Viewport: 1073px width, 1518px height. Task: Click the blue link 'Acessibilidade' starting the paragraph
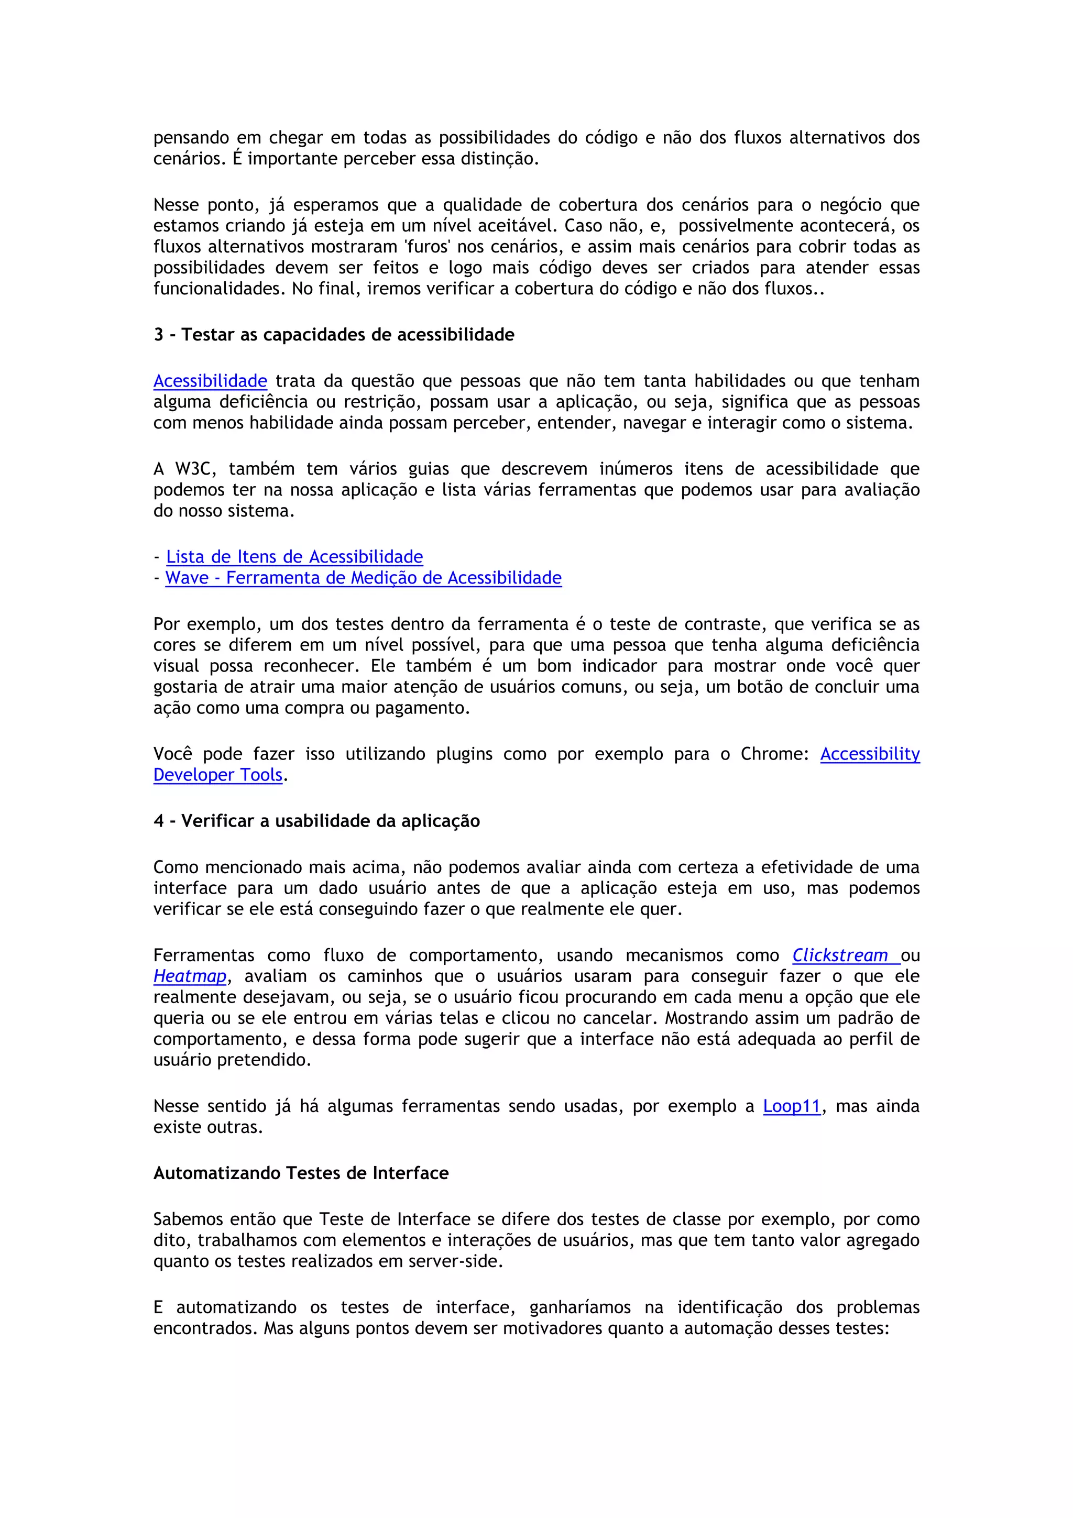click(x=210, y=381)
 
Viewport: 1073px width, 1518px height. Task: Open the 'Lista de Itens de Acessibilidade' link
click(x=294, y=557)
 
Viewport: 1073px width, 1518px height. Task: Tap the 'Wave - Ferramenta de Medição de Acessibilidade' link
click(x=363, y=578)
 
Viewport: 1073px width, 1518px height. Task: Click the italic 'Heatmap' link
click(x=190, y=976)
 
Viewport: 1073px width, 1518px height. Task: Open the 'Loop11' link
click(x=791, y=1107)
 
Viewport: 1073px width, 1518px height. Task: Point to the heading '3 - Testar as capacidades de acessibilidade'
click(x=334, y=335)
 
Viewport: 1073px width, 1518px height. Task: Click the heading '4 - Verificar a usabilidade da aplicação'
click(x=316, y=821)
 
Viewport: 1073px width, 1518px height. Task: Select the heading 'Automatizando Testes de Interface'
click(x=301, y=1173)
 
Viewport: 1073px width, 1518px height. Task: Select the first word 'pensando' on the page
click(x=191, y=138)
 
